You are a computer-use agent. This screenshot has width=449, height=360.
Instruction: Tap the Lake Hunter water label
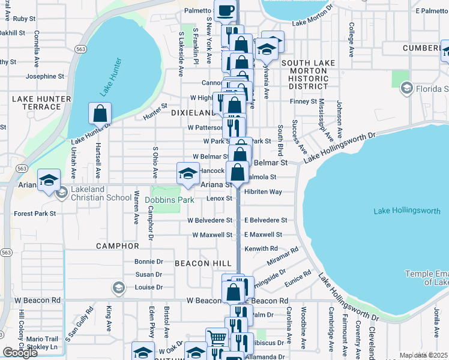[x=111, y=77]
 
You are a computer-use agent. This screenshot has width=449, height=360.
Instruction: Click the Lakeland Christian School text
[x=101, y=197]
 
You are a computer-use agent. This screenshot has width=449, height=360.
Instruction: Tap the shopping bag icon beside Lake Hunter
[x=100, y=113]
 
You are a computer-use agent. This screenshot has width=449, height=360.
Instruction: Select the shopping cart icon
[x=215, y=338]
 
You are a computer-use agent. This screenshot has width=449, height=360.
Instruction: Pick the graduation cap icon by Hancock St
[x=187, y=174]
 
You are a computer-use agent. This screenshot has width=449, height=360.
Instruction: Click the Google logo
[x=20, y=353]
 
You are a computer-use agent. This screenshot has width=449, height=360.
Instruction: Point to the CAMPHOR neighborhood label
[x=117, y=246]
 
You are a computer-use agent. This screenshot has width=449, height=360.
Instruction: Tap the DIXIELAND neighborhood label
[x=192, y=113]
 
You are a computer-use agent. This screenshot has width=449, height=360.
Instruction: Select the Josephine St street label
[x=44, y=76]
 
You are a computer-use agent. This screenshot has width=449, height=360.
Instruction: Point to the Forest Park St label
[x=35, y=213]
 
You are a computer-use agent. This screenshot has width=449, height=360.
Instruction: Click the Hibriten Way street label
[x=263, y=192]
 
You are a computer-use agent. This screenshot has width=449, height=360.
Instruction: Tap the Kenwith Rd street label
[x=261, y=248]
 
